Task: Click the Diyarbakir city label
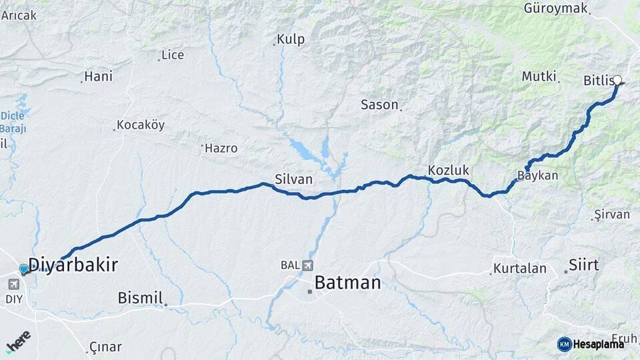click(x=73, y=265)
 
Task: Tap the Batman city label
click(x=347, y=283)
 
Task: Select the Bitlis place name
click(x=597, y=81)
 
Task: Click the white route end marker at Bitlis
click(x=617, y=81)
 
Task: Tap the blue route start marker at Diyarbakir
click(x=24, y=269)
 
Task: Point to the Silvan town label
click(x=293, y=179)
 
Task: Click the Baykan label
click(x=537, y=177)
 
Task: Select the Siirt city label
click(x=584, y=265)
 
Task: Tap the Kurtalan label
click(x=520, y=269)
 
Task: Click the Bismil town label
click(x=140, y=298)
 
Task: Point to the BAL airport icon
click(x=306, y=265)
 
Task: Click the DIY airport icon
click(x=13, y=285)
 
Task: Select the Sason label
click(x=379, y=105)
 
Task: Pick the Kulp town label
click(x=291, y=39)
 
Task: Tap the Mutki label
click(x=539, y=77)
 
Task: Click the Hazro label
click(x=221, y=148)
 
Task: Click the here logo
click(x=18, y=340)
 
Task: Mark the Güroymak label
click(x=555, y=9)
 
